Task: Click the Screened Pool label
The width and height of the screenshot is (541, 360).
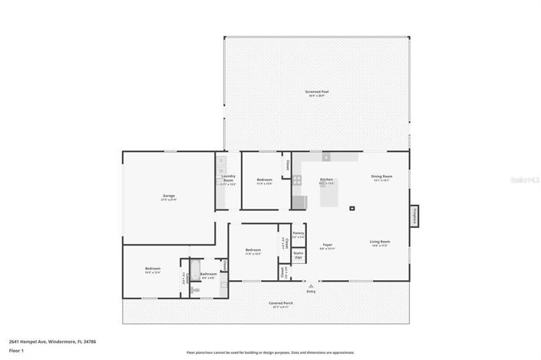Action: (x=316, y=93)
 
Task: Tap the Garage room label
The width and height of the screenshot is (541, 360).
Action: (x=169, y=197)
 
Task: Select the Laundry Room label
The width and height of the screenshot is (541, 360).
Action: (x=228, y=181)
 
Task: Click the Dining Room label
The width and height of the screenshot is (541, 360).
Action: (x=381, y=178)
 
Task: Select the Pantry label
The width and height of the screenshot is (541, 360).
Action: (x=299, y=233)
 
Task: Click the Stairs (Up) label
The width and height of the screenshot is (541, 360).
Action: (x=299, y=254)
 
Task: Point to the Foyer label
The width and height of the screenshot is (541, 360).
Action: (x=328, y=246)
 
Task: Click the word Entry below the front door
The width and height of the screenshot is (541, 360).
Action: (x=311, y=292)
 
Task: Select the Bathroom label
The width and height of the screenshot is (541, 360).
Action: (x=209, y=275)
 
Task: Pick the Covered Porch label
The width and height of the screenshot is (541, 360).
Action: (x=280, y=304)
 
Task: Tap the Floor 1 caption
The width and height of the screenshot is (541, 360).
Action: (x=16, y=351)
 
